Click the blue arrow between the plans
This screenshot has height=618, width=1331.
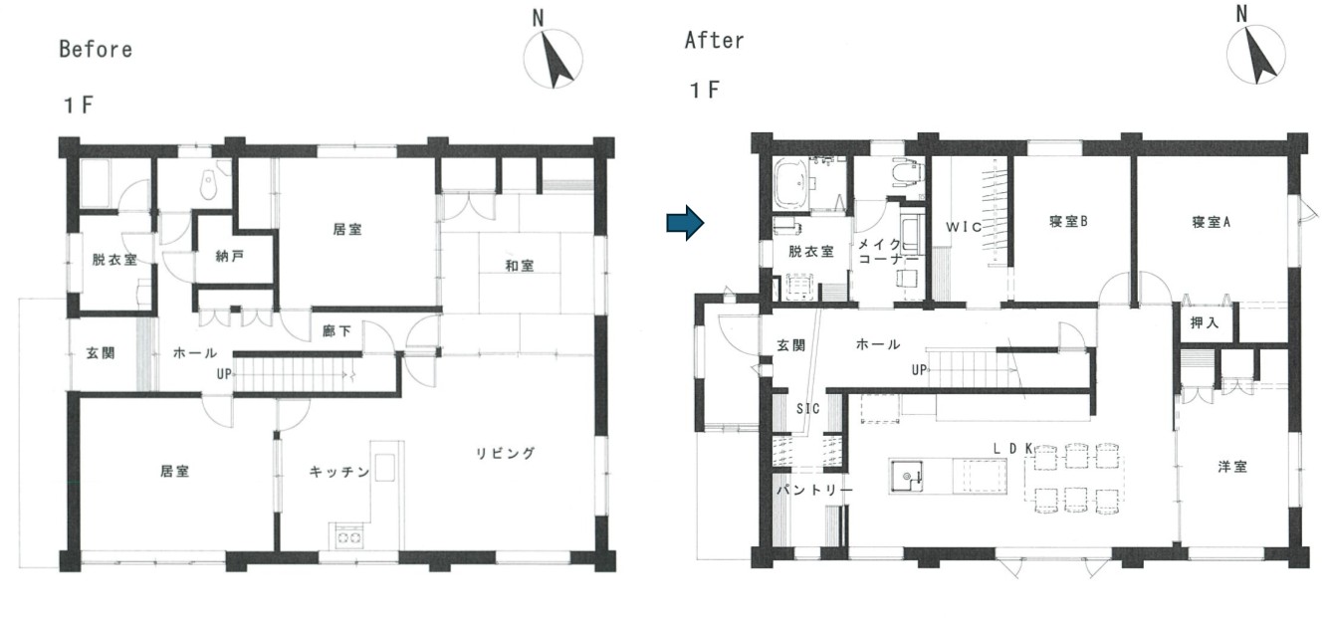[685, 223]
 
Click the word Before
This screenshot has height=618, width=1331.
[96, 50]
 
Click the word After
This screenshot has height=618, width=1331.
[714, 41]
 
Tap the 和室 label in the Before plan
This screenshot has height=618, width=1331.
[520, 266]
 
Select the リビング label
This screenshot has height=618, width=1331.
[505, 454]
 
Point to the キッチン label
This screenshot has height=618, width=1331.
[339, 472]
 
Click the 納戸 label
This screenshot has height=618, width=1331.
[229, 256]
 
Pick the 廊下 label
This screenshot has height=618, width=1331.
[336, 331]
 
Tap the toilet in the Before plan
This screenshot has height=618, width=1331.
[208, 184]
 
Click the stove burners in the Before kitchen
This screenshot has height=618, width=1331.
[348, 537]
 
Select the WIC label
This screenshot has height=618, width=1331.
[964, 227]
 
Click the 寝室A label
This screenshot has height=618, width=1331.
[1211, 222]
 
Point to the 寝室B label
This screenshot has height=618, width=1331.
[1068, 221]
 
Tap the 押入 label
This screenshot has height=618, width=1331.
[1205, 322]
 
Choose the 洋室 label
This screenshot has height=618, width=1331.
[1232, 467]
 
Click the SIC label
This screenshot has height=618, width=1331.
[808, 408]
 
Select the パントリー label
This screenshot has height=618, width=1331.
[814, 491]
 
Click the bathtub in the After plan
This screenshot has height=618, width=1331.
[790, 184]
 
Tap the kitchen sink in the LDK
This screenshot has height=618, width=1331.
[906, 476]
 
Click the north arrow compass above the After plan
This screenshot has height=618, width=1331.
[1256, 55]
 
